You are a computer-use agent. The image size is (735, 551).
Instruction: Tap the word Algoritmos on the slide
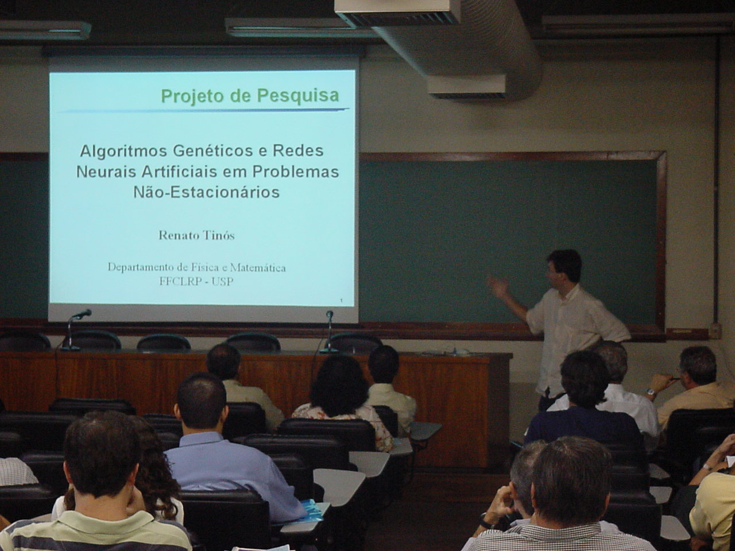tap(123, 152)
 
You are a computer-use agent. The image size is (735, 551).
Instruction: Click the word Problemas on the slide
tap(296, 172)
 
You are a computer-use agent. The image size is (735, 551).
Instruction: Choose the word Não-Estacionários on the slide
tap(207, 192)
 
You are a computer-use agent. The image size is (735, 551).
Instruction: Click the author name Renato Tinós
tap(196, 235)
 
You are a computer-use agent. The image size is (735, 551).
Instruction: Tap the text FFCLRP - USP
tap(196, 282)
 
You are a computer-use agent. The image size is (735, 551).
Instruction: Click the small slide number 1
tap(341, 301)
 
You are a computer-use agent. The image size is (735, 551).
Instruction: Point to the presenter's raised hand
tap(498, 286)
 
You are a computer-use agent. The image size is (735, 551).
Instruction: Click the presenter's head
tap(564, 267)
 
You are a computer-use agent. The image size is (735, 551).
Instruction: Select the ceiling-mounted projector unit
tap(398, 13)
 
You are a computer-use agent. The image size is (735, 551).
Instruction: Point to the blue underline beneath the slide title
tap(205, 110)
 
